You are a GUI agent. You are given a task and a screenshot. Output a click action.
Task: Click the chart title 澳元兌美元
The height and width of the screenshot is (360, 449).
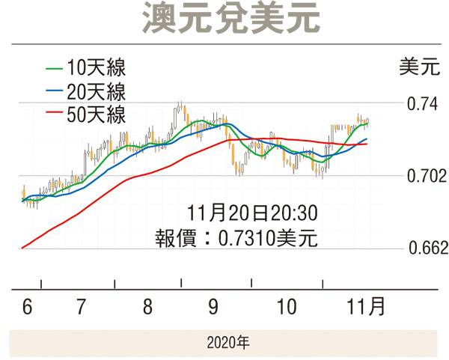(x=230, y=19)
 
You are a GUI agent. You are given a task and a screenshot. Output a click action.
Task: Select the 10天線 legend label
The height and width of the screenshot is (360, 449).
(x=97, y=68)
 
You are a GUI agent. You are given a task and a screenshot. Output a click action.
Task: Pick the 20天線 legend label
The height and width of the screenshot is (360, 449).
(x=97, y=91)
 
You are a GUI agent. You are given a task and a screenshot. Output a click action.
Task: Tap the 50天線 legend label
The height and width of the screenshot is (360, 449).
(x=97, y=115)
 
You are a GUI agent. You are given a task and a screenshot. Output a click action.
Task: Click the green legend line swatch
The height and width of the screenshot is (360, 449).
(x=54, y=68)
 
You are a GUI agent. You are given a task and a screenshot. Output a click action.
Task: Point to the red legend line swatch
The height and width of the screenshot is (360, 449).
(x=54, y=112)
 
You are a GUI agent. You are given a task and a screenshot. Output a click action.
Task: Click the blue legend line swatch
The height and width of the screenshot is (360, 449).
(x=54, y=91)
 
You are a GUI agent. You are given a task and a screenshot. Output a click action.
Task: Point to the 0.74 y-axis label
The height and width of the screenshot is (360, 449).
(x=422, y=103)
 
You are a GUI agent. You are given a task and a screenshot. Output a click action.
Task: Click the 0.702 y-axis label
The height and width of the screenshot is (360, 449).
(x=427, y=176)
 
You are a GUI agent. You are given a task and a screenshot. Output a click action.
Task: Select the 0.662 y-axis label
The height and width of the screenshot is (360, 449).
(x=428, y=248)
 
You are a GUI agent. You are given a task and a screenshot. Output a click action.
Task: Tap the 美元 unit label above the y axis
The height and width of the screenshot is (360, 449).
(x=420, y=67)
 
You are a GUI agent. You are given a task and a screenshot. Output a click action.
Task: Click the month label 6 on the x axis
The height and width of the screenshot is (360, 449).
(x=27, y=306)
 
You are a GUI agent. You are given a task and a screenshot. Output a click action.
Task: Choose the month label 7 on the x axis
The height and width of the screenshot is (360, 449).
(x=81, y=306)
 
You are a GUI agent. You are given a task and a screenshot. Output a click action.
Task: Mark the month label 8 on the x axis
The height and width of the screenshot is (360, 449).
(x=147, y=306)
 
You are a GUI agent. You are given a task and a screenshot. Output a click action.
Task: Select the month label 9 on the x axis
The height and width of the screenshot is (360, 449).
(x=213, y=306)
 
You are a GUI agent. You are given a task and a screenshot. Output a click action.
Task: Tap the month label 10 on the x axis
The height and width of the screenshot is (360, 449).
(x=287, y=306)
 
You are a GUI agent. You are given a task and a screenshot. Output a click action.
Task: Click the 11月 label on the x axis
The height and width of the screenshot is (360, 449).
(x=365, y=306)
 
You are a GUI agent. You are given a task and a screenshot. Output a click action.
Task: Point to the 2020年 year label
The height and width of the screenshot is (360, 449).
(x=228, y=343)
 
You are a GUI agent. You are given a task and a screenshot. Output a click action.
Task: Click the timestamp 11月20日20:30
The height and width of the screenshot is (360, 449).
(x=252, y=213)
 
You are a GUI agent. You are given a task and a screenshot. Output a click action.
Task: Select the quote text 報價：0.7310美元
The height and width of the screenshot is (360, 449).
(x=236, y=238)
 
